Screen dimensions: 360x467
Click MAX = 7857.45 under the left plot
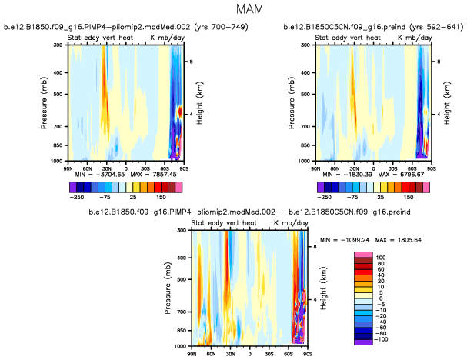point(151,175)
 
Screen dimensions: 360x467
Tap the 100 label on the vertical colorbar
point(382,255)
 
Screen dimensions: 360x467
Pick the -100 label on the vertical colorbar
point(381,338)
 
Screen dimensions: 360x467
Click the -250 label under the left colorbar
point(75,196)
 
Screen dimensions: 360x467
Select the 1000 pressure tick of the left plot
point(58,162)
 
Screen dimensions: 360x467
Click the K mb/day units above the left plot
point(164,38)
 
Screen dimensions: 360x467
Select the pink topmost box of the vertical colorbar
point(362,255)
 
